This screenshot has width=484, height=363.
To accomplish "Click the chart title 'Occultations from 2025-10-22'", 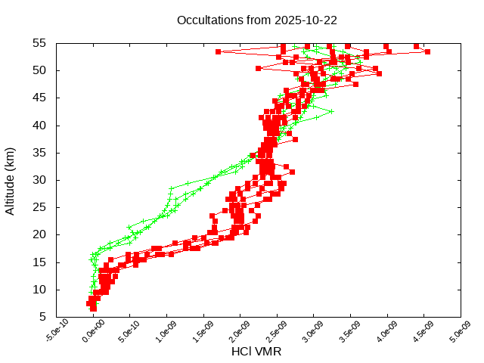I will (x=256, y=20).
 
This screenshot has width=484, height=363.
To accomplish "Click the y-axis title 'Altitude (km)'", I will (x=11, y=180).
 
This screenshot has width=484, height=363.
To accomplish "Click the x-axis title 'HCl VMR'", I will (x=256, y=352).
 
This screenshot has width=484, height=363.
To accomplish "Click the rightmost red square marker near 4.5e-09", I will (x=427, y=51).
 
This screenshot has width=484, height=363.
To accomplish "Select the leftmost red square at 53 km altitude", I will (x=218, y=51).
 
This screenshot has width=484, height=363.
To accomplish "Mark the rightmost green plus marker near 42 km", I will (x=331, y=111).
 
